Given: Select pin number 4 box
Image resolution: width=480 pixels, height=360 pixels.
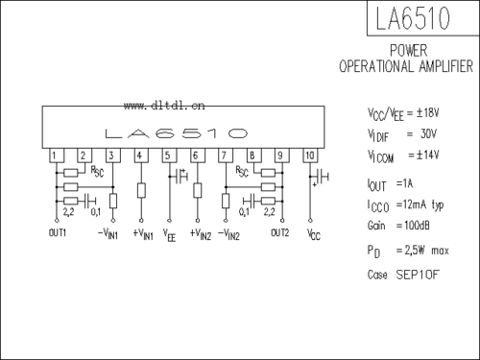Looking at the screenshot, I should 140,156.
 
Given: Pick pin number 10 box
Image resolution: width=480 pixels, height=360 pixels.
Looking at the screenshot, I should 309,156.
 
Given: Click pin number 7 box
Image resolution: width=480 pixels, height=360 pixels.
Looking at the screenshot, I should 225,156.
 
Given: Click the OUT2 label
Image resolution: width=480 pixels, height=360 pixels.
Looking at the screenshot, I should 280,233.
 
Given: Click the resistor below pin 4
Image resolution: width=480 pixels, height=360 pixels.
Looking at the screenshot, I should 141,189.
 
